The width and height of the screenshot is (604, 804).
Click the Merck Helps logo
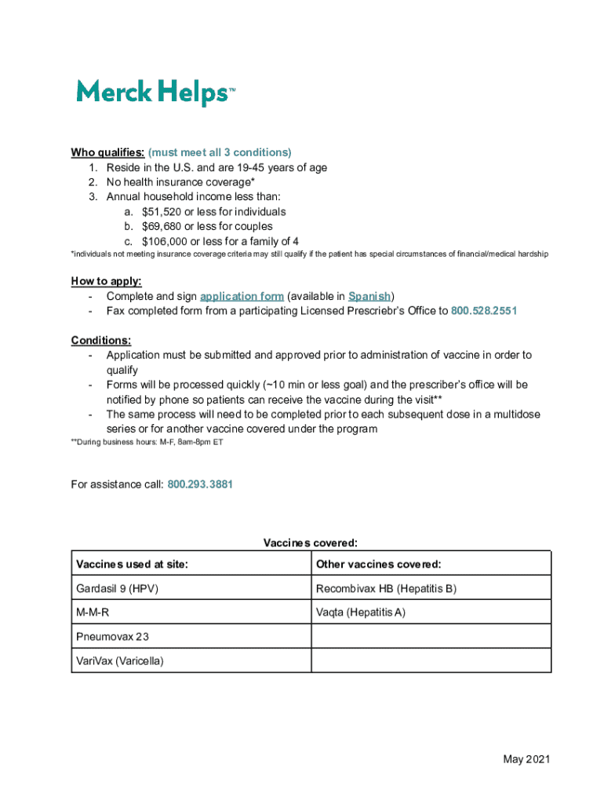click(155, 93)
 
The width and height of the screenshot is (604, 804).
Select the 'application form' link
click(242, 296)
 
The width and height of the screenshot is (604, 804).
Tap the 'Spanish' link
click(369, 296)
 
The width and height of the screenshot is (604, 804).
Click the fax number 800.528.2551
click(484, 311)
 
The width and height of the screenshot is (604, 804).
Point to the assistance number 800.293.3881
click(200, 484)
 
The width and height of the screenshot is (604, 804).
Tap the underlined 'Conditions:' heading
click(101, 340)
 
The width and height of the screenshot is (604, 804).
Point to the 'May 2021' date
click(526, 759)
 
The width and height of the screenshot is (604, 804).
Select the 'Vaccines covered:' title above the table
click(311, 543)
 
